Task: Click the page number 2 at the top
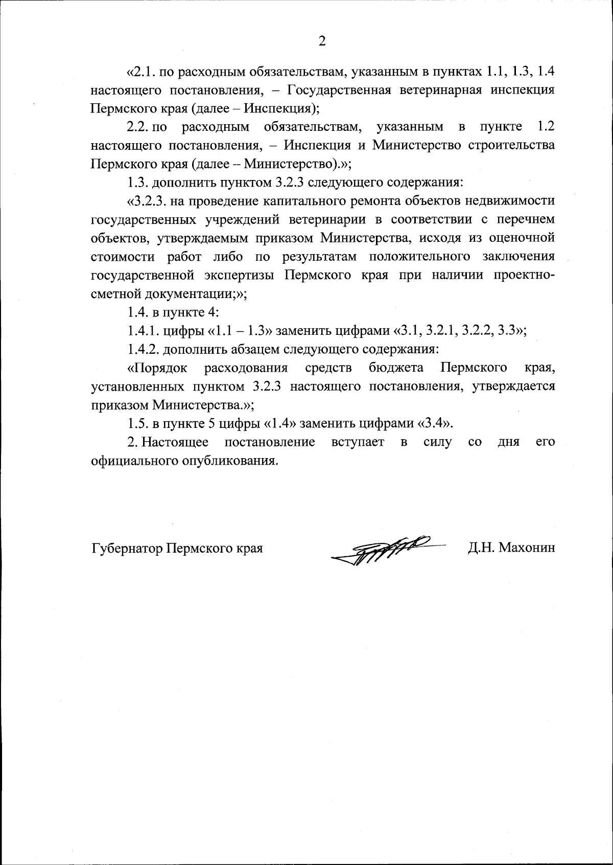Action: [x=322, y=41]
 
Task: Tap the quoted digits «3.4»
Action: [x=435, y=423]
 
